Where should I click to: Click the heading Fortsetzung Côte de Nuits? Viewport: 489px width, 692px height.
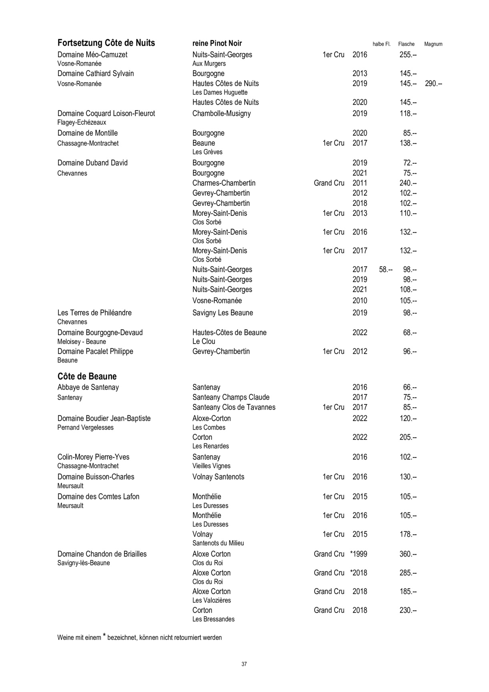click(106, 43)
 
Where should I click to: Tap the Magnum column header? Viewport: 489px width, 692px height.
click(433, 44)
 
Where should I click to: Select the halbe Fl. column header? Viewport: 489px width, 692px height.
click(381, 44)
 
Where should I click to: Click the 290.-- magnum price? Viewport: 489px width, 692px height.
click(433, 84)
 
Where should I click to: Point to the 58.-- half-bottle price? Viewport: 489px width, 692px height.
click(385, 270)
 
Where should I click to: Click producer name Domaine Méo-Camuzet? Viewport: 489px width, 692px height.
click(92, 55)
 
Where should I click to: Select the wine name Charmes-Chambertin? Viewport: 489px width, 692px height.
click(224, 183)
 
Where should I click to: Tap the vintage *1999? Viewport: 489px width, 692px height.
click(359, 554)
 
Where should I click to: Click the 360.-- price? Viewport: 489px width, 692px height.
click(408, 554)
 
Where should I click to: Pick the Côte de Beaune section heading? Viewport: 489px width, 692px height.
click(87, 376)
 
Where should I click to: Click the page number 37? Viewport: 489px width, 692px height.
click(244, 664)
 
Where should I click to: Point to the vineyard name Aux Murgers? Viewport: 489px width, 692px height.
click(209, 64)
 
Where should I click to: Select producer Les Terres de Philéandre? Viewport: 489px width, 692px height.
click(94, 313)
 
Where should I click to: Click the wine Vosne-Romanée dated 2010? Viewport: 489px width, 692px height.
click(217, 301)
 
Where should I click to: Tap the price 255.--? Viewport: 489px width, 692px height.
click(408, 55)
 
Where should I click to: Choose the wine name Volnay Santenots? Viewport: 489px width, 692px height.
click(218, 477)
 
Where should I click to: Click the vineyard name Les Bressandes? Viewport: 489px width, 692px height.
click(213, 619)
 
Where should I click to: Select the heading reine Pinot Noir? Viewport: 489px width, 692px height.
click(217, 44)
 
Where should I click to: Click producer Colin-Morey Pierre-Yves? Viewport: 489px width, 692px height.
click(93, 457)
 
